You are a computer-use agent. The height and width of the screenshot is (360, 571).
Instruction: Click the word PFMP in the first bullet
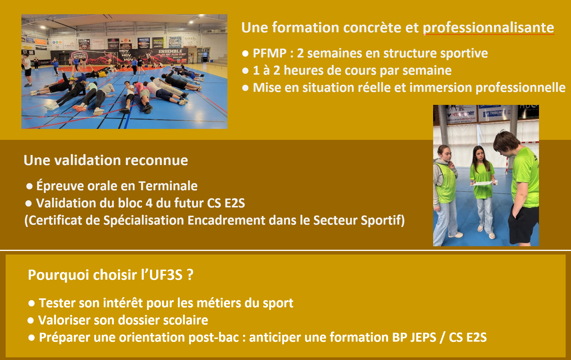(x=269, y=53)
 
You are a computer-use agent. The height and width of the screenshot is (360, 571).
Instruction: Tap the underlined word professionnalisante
(x=488, y=28)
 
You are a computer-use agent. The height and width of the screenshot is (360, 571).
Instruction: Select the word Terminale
(x=168, y=186)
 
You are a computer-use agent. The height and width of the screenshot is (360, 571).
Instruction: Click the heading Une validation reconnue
(x=106, y=160)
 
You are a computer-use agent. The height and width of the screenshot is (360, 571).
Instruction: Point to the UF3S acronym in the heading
(x=166, y=275)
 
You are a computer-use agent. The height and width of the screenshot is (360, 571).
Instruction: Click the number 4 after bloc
(x=149, y=203)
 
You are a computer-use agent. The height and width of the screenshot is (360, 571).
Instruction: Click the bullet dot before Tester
(x=32, y=303)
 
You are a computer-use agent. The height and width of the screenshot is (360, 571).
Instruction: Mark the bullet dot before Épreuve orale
(x=29, y=186)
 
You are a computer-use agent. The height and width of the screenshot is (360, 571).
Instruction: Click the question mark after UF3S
(x=190, y=275)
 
